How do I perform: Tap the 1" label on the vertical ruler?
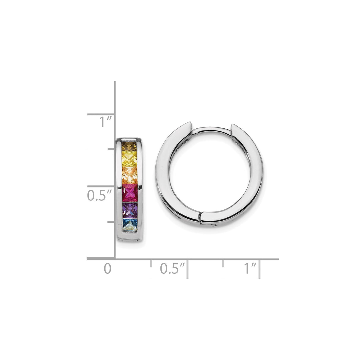97,122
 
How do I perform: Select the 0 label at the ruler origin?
107,269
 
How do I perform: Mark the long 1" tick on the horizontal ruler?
259,269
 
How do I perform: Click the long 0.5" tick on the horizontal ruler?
187,269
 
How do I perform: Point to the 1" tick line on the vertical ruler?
101,114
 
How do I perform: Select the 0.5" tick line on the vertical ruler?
101,187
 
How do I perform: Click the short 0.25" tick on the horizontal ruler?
151,263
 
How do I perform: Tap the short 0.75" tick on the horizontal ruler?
223,263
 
